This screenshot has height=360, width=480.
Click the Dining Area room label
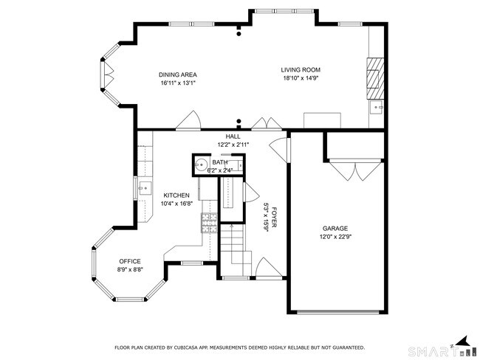point(178,75)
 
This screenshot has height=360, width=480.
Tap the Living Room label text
point(301,70)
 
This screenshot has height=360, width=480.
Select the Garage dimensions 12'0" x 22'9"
point(335,237)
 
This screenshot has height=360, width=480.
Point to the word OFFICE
point(130,262)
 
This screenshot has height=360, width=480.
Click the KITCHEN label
point(176,195)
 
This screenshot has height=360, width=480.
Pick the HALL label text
point(233,136)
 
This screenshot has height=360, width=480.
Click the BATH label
point(220,162)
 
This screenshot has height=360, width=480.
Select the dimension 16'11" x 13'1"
point(178,83)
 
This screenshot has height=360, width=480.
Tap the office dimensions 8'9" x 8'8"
point(130,271)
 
